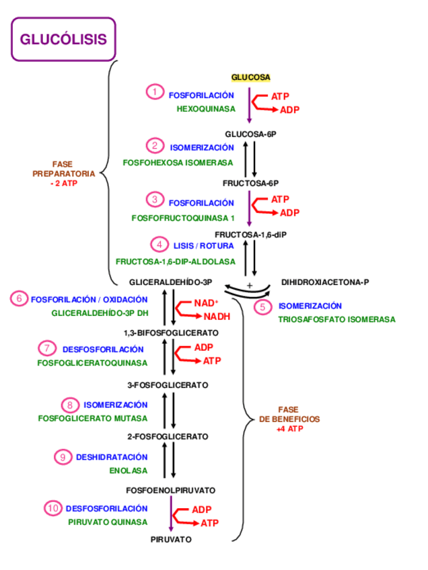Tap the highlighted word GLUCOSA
(x=250, y=77)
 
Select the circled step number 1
(x=155, y=91)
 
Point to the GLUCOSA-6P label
(x=250, y=134)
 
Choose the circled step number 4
(x=159, y=245)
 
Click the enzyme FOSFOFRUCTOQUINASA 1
(x=183, y=218)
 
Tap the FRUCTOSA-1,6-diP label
(x=250, y=234)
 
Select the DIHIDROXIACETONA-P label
(x=326, y=282)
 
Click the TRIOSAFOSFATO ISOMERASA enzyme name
(x=336, y=319)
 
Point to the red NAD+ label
(x=207, y=303)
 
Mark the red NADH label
(x=217, y=317)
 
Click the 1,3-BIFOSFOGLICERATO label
(x=171, y=333)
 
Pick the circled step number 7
(x=46, y=348)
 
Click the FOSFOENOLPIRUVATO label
(x=171, y=490)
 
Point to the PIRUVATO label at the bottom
(x=171, y=539)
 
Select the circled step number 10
(x=53, y=508)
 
